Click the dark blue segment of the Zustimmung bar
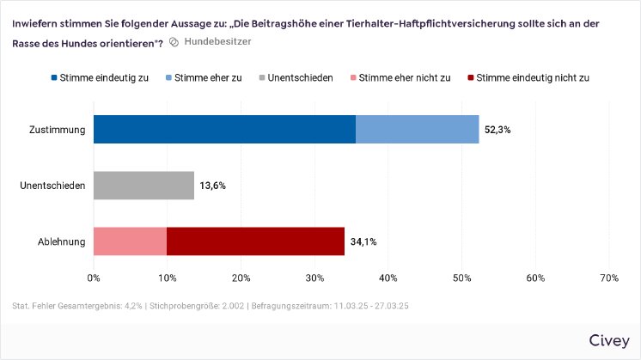[x=224, y=130]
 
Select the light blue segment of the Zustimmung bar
[x=417, y=130]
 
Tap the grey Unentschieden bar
[x=143, y=186]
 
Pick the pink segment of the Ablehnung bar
[x=130, y=241]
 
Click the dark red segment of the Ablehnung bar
[x=255, y=241]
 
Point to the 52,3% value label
[x=498, y=131]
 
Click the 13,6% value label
[x=213, y=186]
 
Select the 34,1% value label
[x=363, y=242]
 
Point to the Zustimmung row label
[x=57, y=131]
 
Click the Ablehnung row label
[x=61, y=242]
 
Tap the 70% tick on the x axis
[x=609, y=278]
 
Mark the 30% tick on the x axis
[x=314, y=278]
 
